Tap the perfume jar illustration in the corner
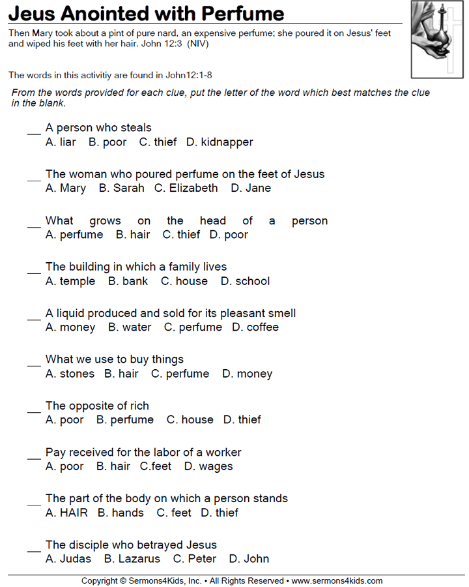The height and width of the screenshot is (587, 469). [436, 39]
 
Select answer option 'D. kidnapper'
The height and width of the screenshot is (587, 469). [220, 142]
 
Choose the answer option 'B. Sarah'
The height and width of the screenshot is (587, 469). [121, 188]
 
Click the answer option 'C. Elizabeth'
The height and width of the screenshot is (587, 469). [186, 188]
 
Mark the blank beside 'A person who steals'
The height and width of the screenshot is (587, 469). [34, 132]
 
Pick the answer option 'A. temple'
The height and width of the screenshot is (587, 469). [70, 282]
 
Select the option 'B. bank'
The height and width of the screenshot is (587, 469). [128, 282]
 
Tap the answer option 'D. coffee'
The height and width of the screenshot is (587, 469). [255, 327]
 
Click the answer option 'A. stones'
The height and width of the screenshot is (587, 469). [70, 374]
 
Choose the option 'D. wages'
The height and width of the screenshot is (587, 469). [208, 467]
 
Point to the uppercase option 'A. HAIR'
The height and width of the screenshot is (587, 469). [66, 513]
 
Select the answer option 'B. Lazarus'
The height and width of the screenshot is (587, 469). [132, 559]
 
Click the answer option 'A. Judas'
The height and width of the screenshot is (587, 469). [68, 559]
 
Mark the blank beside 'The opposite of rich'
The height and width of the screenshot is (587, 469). [34, 411]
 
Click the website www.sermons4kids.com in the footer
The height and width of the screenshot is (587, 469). [337, 580]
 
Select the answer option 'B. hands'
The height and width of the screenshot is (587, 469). [121, 513]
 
